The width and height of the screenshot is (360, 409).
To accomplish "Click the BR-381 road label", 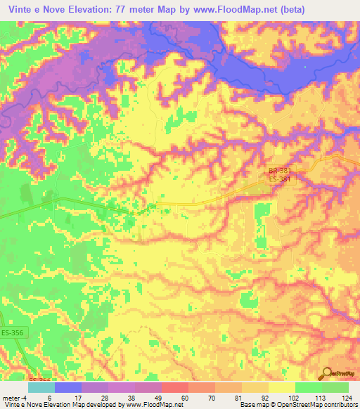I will pos(279,171).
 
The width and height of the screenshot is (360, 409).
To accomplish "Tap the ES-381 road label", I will pos(279,180).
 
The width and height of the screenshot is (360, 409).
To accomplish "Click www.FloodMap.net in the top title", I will pos(238,8).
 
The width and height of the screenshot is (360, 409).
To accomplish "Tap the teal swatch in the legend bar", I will pos(41,387).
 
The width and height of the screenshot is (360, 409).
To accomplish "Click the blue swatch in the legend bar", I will pos(67,387).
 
